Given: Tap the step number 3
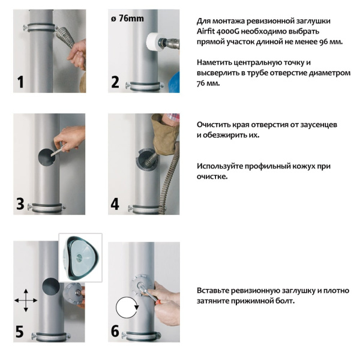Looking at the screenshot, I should pyautogui.click(x=20, y=203).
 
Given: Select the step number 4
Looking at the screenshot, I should pyautogui.click(x=115, y=203).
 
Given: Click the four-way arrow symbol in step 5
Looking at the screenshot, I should pyautogui.click(x=25, y=299).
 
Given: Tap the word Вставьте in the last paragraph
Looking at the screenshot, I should pyautogui.click(x=215, y=291).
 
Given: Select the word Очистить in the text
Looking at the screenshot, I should pyautogui.click(x=215, y=125).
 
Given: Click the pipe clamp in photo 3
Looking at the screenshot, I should pyautogui.click(x=45, y=208).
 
